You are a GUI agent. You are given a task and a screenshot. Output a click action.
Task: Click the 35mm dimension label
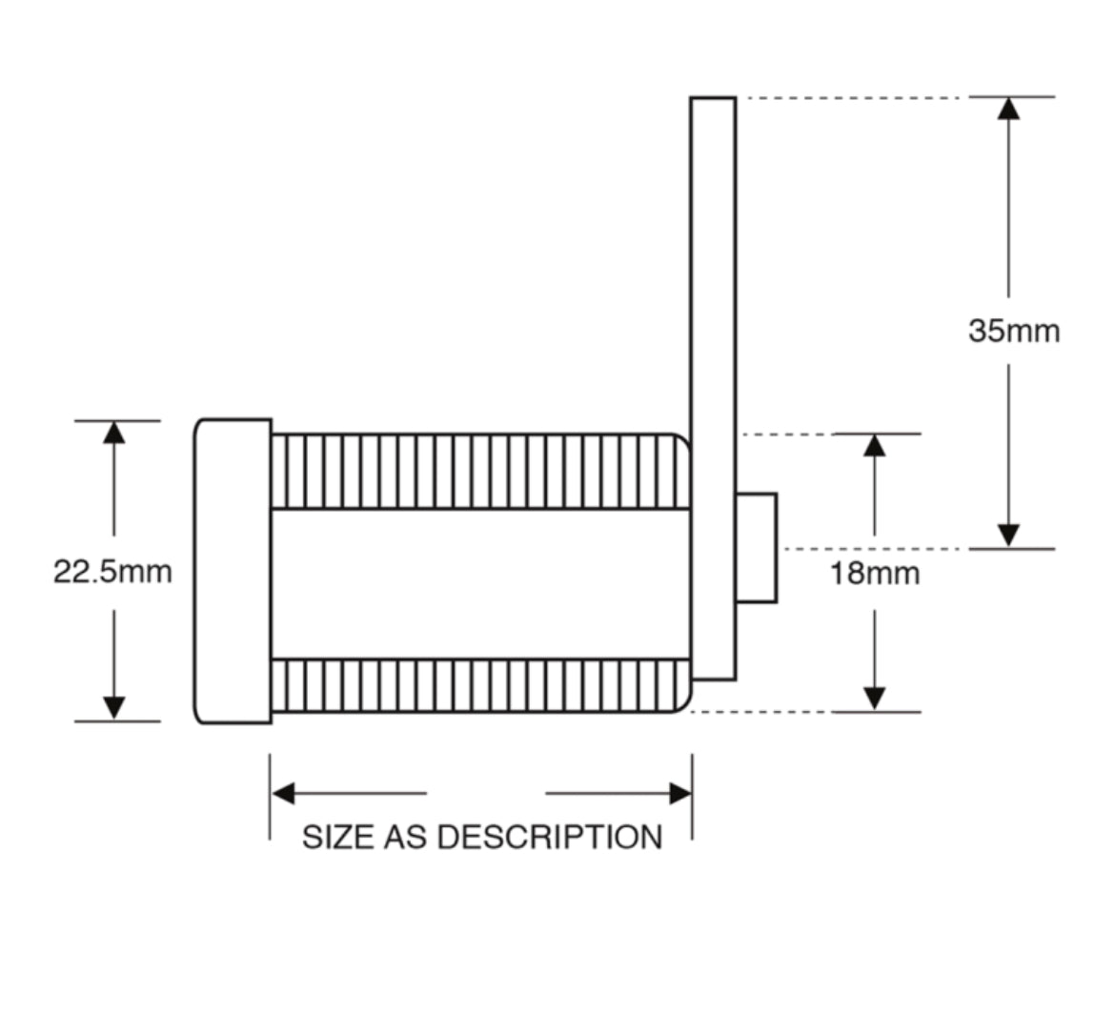[x=1013, y=332]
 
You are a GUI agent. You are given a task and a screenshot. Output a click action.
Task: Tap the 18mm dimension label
[x=874, y=574]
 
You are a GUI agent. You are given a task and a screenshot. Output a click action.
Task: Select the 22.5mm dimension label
[x=112, y=572]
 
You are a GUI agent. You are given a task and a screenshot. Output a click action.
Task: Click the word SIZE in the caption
[x=337, y=837]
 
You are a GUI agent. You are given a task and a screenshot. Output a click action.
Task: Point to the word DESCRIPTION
[x=549, y=837]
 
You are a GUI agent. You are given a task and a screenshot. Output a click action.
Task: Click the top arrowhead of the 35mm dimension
[x=1008, y=108]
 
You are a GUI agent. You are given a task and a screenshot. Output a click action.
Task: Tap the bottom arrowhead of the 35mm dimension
[x=1008, y=536]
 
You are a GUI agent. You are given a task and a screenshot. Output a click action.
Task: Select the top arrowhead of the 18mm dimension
[x=874, y=445]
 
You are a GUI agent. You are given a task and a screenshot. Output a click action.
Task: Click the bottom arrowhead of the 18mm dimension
[x=874, y=699]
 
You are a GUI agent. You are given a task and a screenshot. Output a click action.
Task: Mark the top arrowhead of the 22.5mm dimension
[x=114, y=433]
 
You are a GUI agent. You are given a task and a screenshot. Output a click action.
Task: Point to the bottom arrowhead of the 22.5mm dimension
[x=114, y=708]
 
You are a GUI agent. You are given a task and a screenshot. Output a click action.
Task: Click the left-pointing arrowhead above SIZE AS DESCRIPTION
[x=283, y=793]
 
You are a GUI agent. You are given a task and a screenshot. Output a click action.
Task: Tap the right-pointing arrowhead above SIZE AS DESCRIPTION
[x=680, y=793]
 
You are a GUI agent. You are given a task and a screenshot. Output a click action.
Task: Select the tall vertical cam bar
[x=713, y=286]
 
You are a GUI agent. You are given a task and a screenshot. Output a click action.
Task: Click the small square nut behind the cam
[x=756, y=548]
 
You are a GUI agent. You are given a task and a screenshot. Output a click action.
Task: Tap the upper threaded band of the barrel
[x=476, y=472]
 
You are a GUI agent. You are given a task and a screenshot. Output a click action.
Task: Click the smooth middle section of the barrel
[x=476, y=583]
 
